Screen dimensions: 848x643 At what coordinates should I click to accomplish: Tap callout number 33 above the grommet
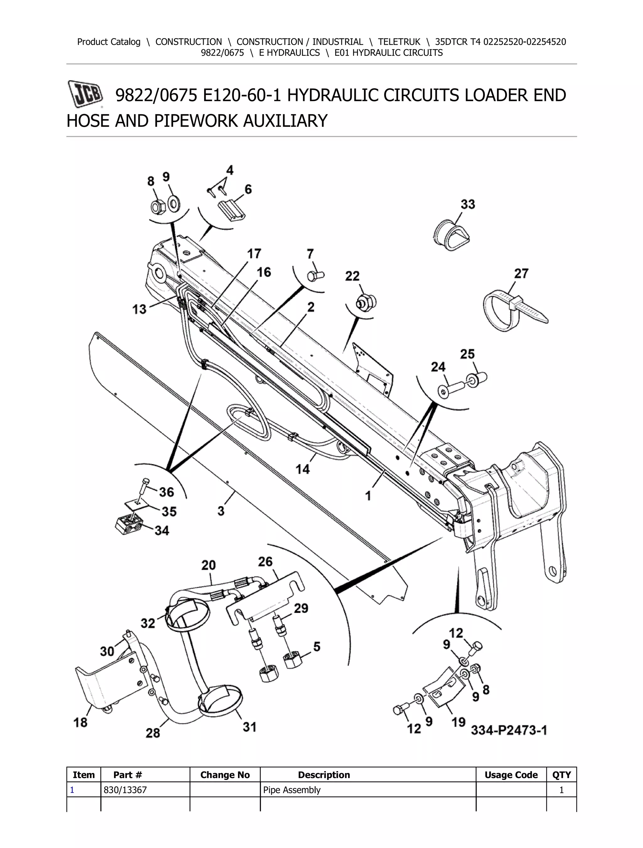coord(468,204)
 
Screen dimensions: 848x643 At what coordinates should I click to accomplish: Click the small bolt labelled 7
coord(316,275)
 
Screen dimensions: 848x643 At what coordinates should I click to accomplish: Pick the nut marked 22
coord(365,302)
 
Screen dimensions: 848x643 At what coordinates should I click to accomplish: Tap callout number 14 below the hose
coord(303,469)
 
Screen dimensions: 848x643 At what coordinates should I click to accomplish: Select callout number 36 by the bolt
coord(166,492)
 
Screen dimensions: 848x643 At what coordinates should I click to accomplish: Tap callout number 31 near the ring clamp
coord(249,727)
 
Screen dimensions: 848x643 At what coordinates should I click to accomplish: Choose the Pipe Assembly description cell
coord(292,790)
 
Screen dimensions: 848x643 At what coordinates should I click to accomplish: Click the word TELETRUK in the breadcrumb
coord(399,42)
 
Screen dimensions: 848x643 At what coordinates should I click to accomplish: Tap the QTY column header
coord(561,775)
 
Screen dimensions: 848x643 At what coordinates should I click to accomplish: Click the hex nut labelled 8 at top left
coord(157,207)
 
